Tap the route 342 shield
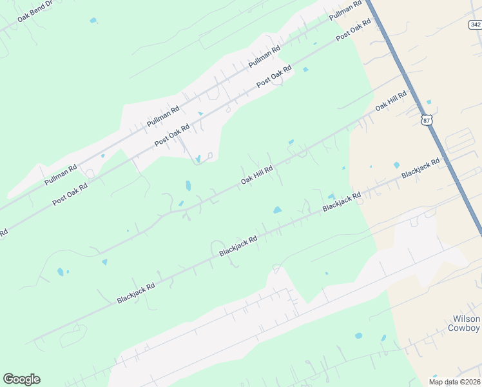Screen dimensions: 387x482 tap(475, 25)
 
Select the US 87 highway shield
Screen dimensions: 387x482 tap(426, 120)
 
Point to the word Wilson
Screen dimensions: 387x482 tap(467, 319)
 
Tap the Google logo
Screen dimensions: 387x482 tap(21, 379)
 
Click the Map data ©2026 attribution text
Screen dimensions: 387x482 tap(454, 381)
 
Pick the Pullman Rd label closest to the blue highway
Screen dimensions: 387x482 tap(346, 11)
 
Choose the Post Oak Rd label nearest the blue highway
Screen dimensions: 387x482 tap(353, 30)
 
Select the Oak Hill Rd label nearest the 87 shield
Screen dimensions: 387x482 tap(391, 103)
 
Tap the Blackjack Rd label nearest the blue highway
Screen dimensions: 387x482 tap(420, 169)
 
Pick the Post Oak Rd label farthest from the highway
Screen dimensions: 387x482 tap(70, 192)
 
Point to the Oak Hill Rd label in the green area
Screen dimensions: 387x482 tap(257, 175)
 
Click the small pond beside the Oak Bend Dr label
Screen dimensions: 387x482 tap(93, 21)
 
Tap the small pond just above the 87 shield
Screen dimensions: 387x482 tap(429, 102)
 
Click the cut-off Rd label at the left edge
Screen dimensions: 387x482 tap(3, 232)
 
